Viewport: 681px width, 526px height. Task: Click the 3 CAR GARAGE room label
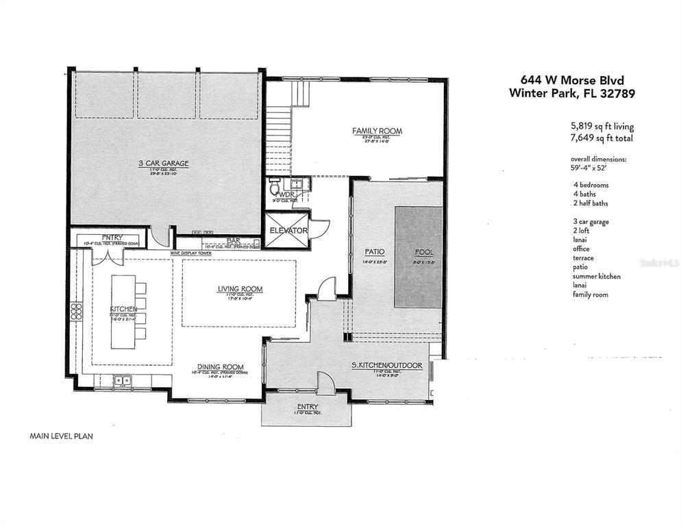click(163, 163)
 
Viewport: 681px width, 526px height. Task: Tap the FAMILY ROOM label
click(377, 131)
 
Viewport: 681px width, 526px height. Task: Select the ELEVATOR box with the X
click(288, 231)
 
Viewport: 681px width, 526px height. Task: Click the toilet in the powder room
click(275, 186)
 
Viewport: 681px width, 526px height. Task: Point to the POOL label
click(425, 252)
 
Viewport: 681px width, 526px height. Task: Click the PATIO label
click(374, 252)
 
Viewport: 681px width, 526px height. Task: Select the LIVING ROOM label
click(240, 289)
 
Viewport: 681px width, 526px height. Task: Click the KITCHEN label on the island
click(125, 309)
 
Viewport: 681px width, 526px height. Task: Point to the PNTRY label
click(92, 237)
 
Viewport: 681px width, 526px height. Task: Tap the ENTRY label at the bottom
click(308, 406)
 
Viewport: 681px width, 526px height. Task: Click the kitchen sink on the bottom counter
click(123, 380)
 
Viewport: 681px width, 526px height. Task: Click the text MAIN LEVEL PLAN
click(61, 435)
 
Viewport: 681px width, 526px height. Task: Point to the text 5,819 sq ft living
click(602, 127)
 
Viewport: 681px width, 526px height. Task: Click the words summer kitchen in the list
click(597, 276)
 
